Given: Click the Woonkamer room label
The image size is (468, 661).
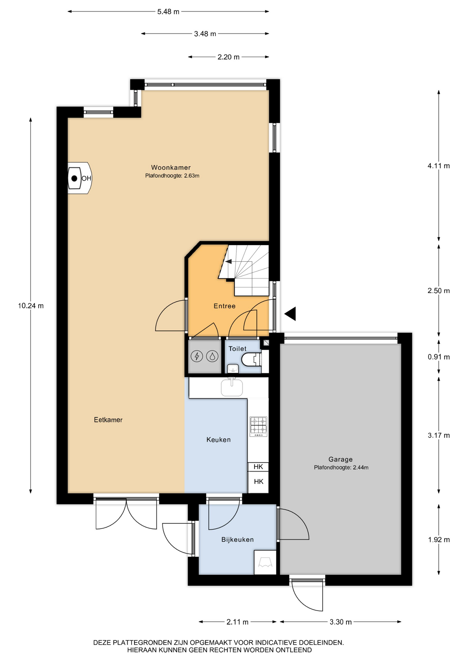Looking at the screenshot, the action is coord(171,168).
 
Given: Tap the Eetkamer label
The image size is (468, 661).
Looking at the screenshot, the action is coord(108,420).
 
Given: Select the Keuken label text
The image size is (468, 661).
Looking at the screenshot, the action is coord(218,440).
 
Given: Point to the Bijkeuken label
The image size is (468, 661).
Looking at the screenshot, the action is coord(237,539).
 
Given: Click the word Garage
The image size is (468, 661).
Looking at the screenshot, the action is coord(340,459).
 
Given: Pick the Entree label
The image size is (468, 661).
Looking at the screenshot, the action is coord(224,306).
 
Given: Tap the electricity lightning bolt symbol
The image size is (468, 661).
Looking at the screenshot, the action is coord(197,356).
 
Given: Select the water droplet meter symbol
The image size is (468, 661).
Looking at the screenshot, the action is coord(212,356).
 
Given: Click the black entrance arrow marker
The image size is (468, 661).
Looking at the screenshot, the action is coord(290,314).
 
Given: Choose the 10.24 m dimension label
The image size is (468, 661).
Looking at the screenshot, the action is coord(31,306).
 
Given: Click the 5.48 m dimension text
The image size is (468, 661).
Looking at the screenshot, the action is coord(168,12).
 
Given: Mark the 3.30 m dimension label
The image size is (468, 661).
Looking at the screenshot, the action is coord(340,622).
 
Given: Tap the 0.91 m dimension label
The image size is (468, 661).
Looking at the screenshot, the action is coord(439,357).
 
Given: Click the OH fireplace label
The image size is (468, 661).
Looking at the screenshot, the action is coord(87,178).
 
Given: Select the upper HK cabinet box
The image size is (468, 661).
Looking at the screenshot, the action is coord(258,466).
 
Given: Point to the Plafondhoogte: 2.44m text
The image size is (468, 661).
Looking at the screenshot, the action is coord(341,468).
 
